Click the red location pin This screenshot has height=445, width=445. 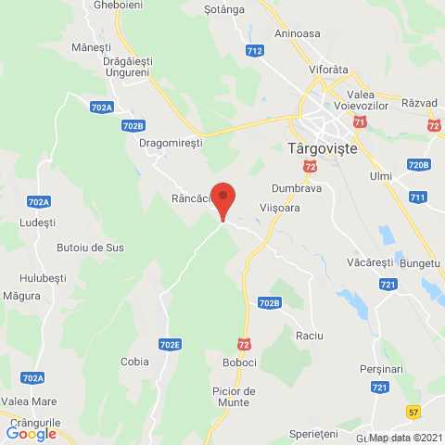pos(222,200)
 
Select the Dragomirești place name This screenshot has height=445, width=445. pos(169,144)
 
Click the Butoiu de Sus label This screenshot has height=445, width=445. pos(90,248)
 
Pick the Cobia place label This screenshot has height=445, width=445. pos(134,362)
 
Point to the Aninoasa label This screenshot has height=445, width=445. pos(298,34)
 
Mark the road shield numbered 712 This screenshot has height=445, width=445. pos(255,49)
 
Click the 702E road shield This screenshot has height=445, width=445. pos(170,345)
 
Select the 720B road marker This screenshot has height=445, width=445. pos(419,165)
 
